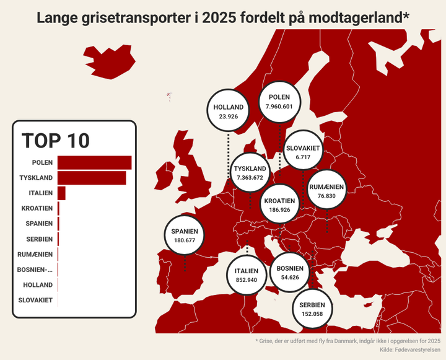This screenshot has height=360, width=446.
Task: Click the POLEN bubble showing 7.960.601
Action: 279,102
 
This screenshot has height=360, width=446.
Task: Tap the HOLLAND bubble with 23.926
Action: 228,112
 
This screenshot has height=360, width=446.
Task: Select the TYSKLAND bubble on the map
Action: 250,173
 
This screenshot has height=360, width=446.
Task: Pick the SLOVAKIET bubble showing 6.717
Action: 303,153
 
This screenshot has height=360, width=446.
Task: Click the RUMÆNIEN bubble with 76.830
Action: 326,191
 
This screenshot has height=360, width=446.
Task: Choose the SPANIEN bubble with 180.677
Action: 185,235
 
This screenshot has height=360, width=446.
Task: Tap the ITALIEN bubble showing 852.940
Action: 246,275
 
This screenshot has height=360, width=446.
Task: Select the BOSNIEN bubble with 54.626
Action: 290,273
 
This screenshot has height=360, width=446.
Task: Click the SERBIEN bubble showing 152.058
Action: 312,309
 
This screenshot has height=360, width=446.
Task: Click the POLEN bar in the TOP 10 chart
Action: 94,162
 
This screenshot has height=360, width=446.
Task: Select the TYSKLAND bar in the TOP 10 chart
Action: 92,178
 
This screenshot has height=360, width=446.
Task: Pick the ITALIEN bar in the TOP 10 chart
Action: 61,193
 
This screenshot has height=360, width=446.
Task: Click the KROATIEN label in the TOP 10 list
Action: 37,208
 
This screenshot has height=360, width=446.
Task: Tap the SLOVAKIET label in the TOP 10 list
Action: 35,301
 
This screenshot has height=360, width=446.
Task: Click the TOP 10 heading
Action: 56,141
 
